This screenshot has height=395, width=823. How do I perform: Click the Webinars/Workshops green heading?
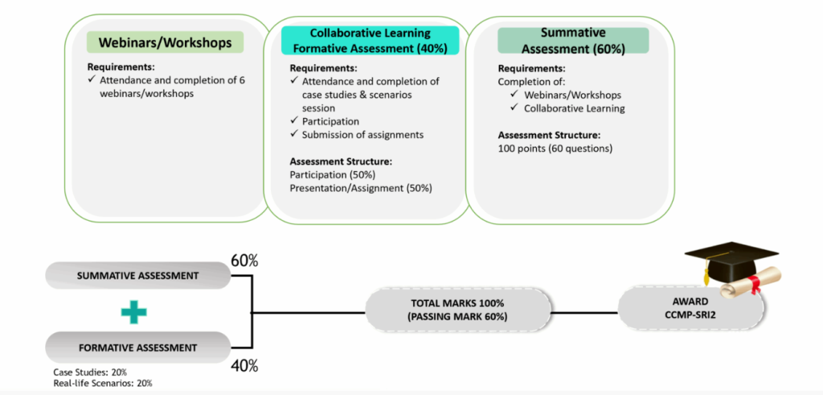tap(164, 43)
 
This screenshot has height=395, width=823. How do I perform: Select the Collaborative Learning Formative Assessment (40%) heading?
tap(370, 40)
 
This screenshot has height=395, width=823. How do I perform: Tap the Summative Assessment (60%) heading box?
tap(572, 40)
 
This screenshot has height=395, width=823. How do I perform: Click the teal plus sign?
tap(134, 312)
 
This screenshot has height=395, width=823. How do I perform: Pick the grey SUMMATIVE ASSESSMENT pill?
tap(137, 275)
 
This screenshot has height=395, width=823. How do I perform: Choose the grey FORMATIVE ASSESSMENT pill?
tap(137, 348)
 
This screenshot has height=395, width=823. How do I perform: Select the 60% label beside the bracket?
tap(244, 261)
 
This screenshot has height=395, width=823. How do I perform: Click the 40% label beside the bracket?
tap(244, 366)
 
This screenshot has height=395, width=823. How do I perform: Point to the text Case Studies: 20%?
tap(89, 372)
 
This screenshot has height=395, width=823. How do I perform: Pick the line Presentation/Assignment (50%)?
tap(360, 188)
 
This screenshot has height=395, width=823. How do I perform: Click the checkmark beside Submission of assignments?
tap(294, 134)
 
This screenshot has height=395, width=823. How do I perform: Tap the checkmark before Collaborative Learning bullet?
tap(515, 108)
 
